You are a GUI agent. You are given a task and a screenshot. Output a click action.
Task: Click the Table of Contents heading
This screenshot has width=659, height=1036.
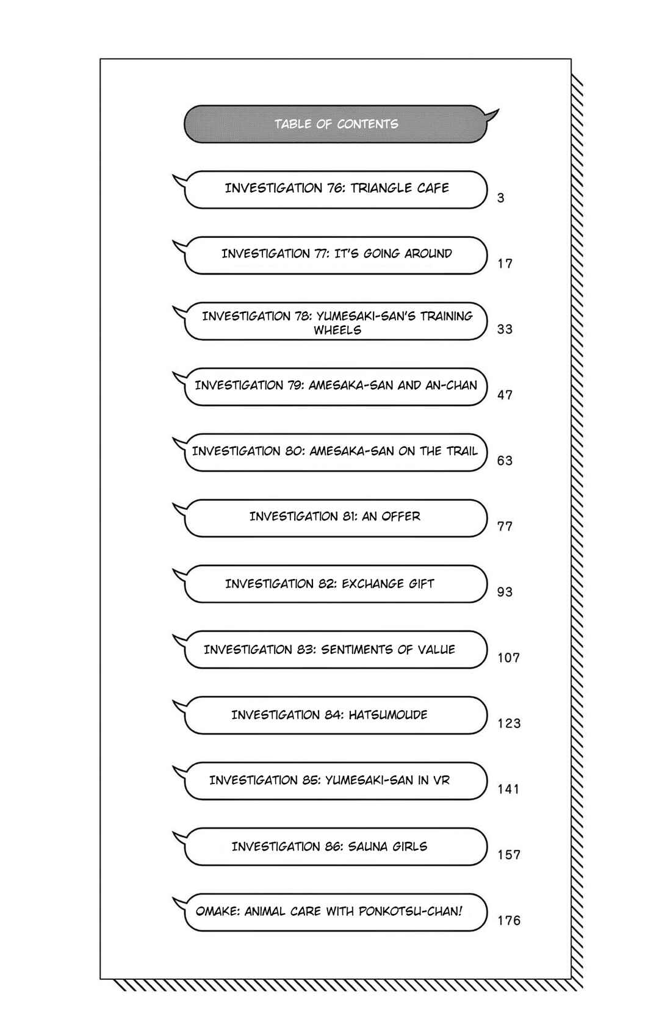coord(336,124)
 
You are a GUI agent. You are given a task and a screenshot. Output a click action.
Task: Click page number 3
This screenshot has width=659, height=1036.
coord(501,198)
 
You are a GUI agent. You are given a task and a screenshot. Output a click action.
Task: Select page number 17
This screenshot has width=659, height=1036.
coord(505,264)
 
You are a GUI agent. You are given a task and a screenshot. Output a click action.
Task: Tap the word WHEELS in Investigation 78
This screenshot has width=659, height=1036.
coord(337,330)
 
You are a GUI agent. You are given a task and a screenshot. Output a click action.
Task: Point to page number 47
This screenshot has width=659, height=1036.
coord(505,395)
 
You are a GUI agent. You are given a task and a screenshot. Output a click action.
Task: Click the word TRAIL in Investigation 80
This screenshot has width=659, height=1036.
coord(462,451)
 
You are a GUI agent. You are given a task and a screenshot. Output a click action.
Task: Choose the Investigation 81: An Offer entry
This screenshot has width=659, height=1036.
coord(335,516)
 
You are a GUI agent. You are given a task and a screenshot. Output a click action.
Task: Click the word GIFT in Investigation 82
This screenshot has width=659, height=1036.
coord(421,584)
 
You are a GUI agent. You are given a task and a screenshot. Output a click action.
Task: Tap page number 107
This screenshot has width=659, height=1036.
coord(509,658)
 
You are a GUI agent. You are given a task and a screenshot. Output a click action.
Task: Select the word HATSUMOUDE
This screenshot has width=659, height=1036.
coord(388,714)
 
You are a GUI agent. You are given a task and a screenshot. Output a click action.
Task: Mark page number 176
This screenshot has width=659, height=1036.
coord(509,920)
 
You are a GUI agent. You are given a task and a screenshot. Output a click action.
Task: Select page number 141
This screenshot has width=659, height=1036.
coord(508,789)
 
